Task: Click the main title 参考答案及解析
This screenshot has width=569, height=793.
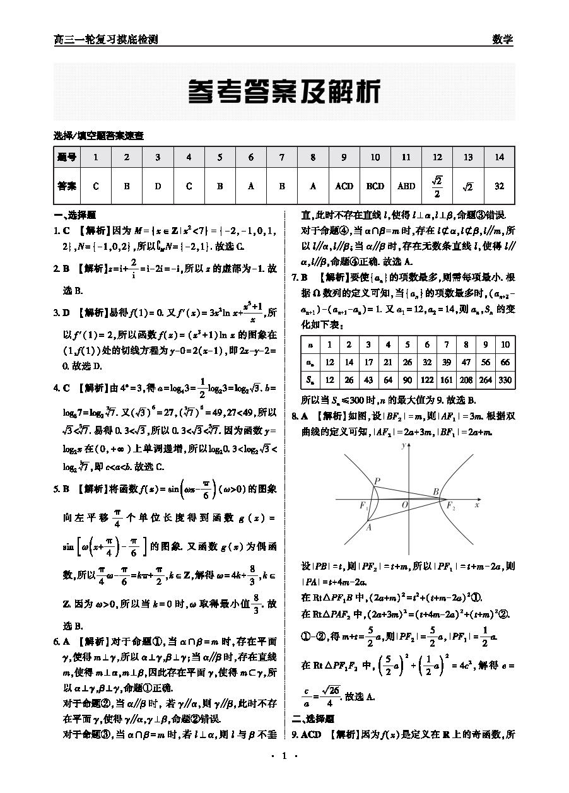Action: coord(284,93)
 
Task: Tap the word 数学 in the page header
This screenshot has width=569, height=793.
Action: coord(502,39)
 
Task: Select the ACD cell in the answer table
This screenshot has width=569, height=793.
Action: coord(344,186)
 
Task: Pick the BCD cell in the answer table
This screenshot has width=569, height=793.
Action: coord(375,186)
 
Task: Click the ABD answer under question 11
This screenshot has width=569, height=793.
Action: coord(406,186)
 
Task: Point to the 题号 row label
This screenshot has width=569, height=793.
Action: coord(67,157)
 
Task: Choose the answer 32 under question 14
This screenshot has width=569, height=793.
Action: coord(499,186)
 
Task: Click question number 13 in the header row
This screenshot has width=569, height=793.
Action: coord(468,157)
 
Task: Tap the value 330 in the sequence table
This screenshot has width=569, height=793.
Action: coord(505,380)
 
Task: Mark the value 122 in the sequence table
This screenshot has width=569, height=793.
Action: coord(426,380)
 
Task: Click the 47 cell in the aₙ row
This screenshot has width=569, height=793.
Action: coord(466,363)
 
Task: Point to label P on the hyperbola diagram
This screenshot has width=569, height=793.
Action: coord(377,481)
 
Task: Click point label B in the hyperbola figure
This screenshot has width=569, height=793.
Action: coord(435,491)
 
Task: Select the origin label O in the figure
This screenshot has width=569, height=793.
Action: coord(404,505)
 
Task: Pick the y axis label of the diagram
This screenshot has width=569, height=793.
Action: coord(402,445)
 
